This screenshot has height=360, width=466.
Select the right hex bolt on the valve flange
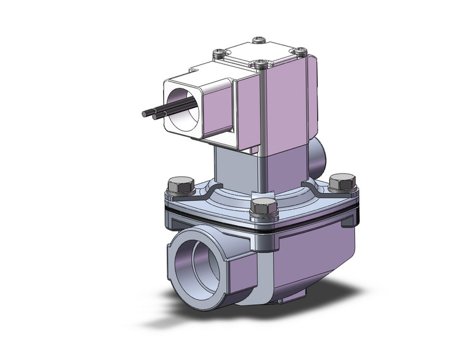click(342, 182)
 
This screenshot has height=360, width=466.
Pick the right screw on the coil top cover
click(300, 50)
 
